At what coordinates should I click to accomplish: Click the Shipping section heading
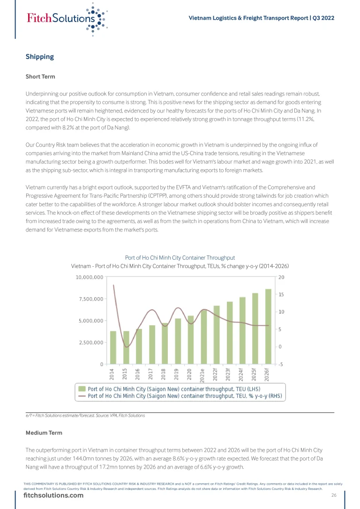pyautogui.click(x=40, y=57)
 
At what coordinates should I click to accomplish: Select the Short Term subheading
pyautogui.click(x=40, y=76)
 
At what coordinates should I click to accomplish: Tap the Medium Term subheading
pyautogui.click(x=44, y=433)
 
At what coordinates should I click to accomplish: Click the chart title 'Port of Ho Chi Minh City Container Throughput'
pyautogui.click(x=180, y=258)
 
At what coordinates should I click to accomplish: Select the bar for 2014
pyautogui.click(x=113, y=347)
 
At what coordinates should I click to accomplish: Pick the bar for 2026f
pyautogui.click(x=268, y=326)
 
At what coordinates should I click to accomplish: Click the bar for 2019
pyautogui.click(x=178, y=341)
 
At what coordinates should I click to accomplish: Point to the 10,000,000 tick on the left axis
pyautogui.click(x=90, y=277)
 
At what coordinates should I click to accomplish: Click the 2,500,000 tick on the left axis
pyautogui.click(x=91, y=343)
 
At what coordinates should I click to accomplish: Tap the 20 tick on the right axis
pyautogui.click(x=281, y=277)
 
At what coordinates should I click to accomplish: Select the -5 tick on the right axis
pyautogui.click(x=280, y=364)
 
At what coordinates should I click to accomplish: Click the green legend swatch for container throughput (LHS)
pyautogui.click(x=82, y=389)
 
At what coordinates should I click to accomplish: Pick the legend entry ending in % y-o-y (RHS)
pyautogui.click(x=185, y=396)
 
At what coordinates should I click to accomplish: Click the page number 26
pyautogui.click(x=334, y=495)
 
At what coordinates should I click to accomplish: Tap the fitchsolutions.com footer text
pyautogui.click(x=53, y=496)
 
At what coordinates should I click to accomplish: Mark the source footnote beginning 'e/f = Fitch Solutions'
pyautogui.click(x=85, y=416)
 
